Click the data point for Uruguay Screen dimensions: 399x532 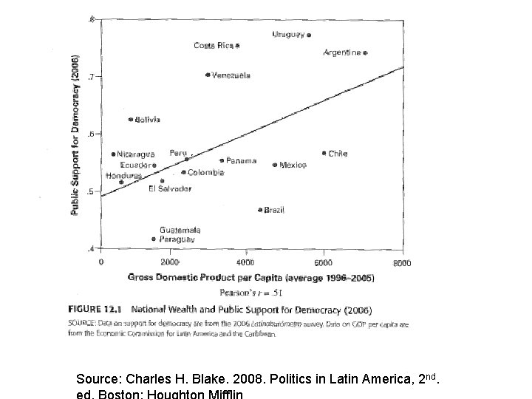point(309,35)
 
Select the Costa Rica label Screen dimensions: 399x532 point(214,46)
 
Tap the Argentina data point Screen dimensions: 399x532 point(365,53)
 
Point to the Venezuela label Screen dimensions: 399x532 point(231,75)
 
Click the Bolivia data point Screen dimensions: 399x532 point(131,119)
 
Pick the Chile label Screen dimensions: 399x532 point(338,154)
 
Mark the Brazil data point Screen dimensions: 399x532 point(260,210)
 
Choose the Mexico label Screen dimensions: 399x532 point(293,166)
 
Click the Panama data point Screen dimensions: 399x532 point(221,160)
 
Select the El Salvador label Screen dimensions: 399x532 point(170,188)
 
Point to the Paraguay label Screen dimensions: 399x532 point(177,239)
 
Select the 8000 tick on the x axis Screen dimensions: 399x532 point(403,262)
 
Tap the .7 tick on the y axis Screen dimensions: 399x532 point(92,76)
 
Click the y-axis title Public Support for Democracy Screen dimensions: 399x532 point(76,134)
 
